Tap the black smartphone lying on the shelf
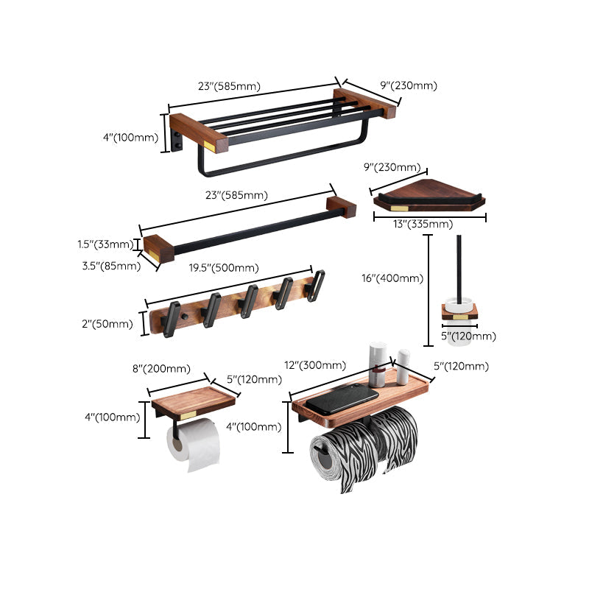pos(342,398)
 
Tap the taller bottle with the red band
pos(377,362)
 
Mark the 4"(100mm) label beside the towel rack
pos(130,137)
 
